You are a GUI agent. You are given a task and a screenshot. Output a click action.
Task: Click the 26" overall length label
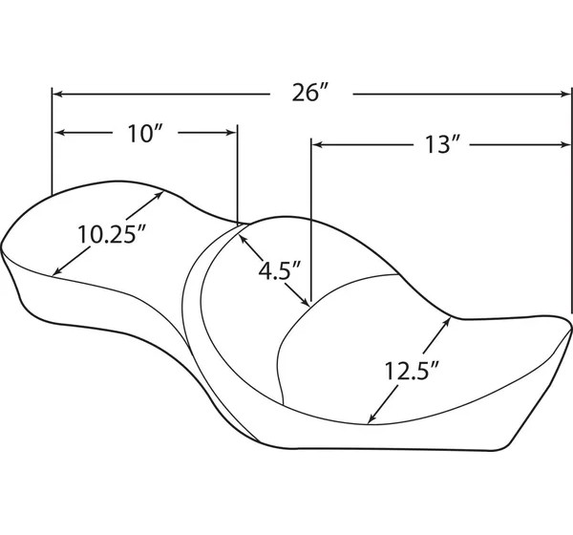click(309, 94)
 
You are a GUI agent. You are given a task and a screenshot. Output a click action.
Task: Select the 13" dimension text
click(441, 144)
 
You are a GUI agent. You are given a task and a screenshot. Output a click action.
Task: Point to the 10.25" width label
click(112, 234)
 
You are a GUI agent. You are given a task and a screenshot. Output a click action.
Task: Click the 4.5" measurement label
click(280, 271)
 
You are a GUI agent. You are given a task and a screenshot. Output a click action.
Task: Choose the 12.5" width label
click(412, 371)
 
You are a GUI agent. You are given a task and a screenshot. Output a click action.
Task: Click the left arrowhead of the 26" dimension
click(58, 94)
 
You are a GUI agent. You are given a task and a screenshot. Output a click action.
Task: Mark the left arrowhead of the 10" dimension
click(60, 133)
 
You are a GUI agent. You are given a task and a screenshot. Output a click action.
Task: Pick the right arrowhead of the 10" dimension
click(232, 133)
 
